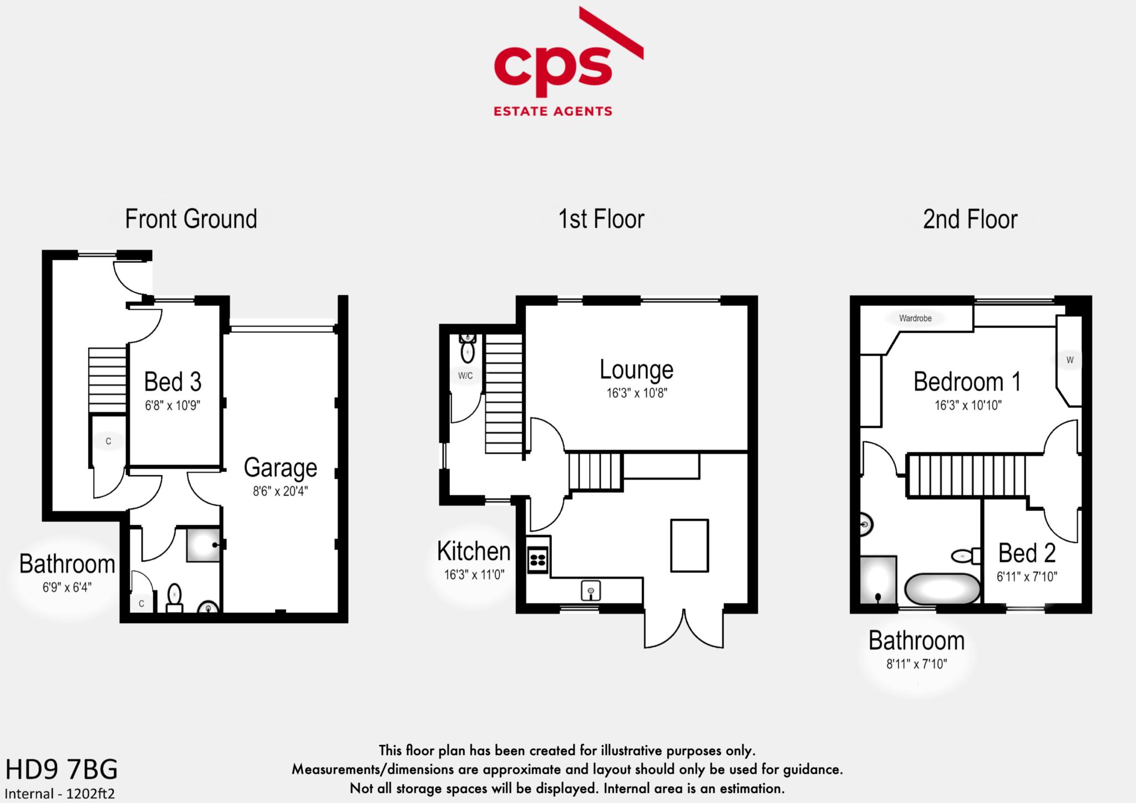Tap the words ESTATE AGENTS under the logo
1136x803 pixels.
click(552, 111)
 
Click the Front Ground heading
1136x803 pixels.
click(191, 219)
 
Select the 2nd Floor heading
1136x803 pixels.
click(970, 220)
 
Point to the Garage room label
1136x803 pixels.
click(280, 468)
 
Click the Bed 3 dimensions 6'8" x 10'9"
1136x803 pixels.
click(173, 405)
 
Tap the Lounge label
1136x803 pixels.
click(636, 370)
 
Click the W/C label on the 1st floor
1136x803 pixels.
click(465, 375)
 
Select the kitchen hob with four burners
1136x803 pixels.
click(538, 559)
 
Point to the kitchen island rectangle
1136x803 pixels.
click(689, 545)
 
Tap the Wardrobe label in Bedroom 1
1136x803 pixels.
click(915, 318)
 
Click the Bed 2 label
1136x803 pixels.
click(1027, 553)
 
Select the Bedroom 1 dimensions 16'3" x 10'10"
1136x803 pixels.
click(968, 405)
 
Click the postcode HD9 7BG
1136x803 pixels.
click(62, 770)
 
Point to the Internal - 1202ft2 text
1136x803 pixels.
click(60, 794)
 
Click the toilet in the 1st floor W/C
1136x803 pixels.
click(468, 350)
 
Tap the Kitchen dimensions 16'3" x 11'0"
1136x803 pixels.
click(474, 575)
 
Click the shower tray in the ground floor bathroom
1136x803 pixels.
click(203, 545)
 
